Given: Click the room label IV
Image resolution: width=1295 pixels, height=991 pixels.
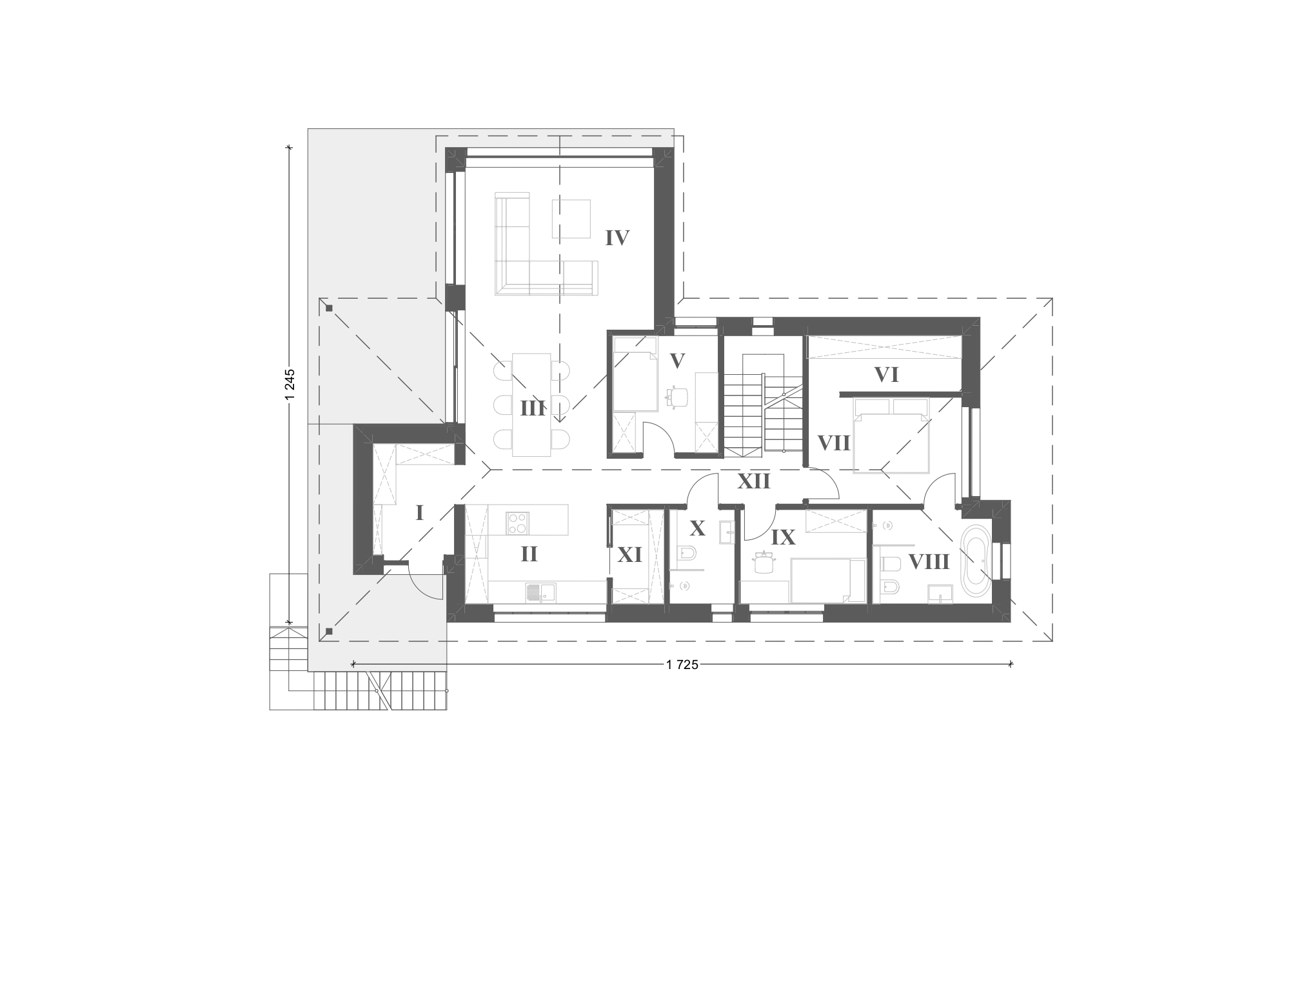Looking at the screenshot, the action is click(x=617, y=238).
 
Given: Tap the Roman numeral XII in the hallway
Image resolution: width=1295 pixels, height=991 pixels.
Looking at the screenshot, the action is click(x=754, y=481).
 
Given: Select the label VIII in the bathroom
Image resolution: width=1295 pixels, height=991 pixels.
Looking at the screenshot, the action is click(x=929, y=562).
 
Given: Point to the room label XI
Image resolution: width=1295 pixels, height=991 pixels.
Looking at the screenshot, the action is click(x=630, y=555).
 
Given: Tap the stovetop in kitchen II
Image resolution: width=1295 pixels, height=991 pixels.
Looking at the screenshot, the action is click(x=517, y=523).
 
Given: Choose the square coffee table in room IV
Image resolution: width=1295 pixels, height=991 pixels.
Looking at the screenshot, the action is click(x=571, y=219).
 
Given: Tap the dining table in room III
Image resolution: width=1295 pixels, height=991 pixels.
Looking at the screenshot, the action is click(x=532, y=405).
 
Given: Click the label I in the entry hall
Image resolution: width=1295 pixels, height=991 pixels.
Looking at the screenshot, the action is click(x=419, y=514).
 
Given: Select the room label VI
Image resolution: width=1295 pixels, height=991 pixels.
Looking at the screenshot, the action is click(x=886, y=375).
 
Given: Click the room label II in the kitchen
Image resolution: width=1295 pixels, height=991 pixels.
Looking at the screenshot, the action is click(x=529, y=554).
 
